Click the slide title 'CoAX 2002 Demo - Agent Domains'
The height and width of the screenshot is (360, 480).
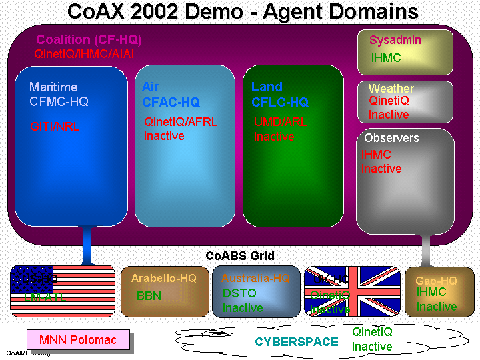(243, 11)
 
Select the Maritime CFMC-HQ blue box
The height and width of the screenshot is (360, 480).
(71, 167)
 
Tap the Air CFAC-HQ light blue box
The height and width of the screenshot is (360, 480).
(185, 173)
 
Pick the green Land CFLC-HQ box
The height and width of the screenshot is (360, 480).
(293, 173)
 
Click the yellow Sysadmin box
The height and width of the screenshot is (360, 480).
(405, 51)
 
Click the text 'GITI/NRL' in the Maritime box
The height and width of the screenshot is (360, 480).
(55, 126)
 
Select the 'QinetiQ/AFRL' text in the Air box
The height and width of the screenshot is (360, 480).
(181, 122)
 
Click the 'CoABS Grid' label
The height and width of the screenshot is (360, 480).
(240, 256)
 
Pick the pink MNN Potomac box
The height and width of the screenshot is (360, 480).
(77, 340)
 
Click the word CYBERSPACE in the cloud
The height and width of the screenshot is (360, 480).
(296, 342)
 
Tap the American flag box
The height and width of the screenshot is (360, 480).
(63, 291)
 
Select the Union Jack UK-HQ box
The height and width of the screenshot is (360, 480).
(351, 291)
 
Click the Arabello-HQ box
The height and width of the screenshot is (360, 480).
(164, 291)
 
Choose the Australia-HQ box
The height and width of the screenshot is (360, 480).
(256, 291)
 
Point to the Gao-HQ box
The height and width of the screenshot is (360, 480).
(439, 291)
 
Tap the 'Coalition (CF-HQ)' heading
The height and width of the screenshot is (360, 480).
(89, 40)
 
